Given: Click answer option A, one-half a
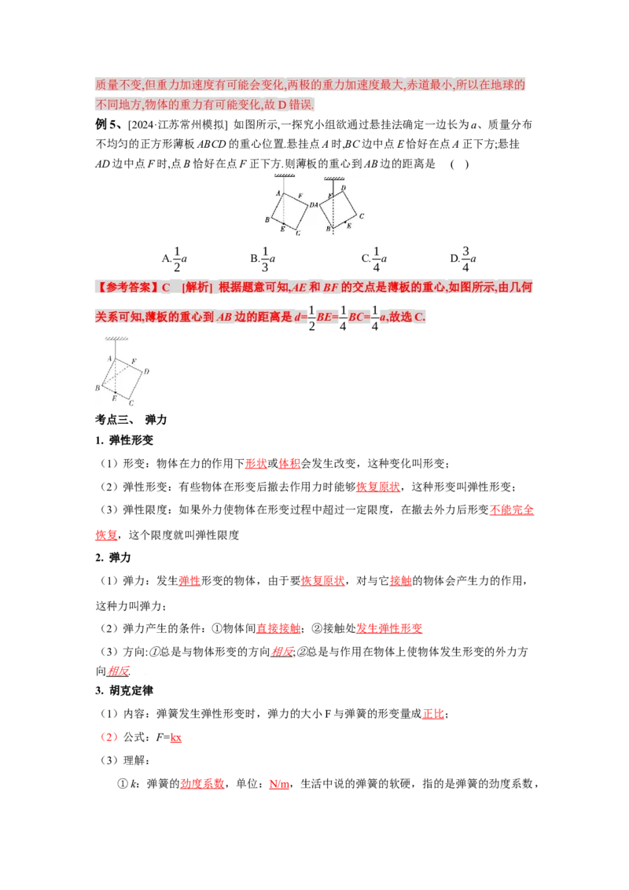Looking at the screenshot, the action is tap(175, 259).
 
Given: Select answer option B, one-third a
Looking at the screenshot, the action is tap(263, 259).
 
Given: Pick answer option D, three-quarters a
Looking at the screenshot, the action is tap(463, 259).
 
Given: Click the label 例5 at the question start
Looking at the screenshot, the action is tap(107, 124).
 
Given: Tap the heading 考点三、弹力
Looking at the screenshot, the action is tap(131, 420).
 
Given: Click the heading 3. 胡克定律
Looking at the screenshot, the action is tap(124, 690).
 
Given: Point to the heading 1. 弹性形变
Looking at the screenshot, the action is tap(124, 440).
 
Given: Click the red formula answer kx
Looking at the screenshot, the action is tap(176, 737).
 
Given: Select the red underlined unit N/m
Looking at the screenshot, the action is tap(279, 784).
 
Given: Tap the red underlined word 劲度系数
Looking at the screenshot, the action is tap(202, 784).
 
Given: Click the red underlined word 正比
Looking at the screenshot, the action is tap(433, 713).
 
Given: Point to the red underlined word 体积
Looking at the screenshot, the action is tap(289, 463).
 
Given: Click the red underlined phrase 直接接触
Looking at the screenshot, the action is tap(278, 628).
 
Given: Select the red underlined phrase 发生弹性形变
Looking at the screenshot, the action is tap(389, 628).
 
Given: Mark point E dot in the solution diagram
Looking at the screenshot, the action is tap(116, 392).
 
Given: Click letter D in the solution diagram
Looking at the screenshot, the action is tap(146, 371).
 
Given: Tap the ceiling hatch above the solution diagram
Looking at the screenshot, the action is tap(116, 339).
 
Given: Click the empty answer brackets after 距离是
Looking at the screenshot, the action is tap(459, 164).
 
